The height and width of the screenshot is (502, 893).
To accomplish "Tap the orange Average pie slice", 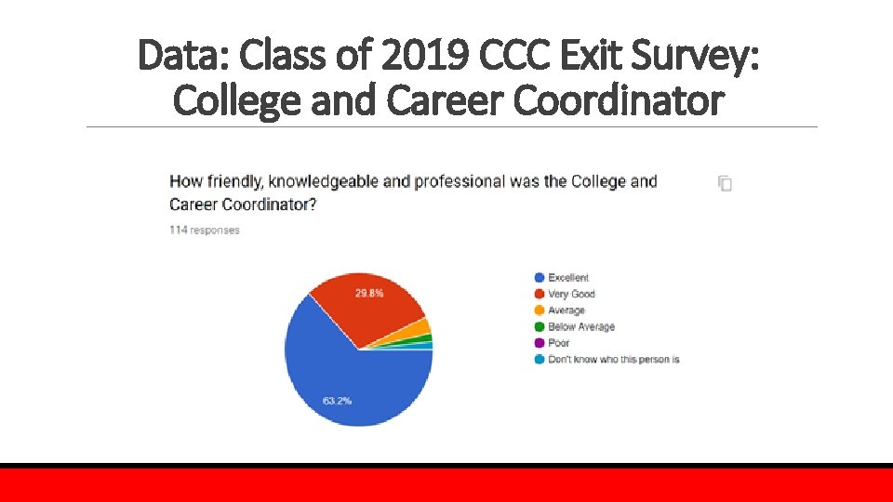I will [421, 326].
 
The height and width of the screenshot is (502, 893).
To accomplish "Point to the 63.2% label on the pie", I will [337, 401].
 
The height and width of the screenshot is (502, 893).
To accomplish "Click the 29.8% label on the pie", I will [369, 293].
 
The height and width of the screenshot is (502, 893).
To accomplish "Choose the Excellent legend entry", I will [567, 277].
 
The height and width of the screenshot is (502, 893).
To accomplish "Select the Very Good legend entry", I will [571, 294].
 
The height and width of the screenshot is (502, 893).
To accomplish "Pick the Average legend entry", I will [566, 310].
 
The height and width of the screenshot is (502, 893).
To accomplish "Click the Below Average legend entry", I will [580, 326].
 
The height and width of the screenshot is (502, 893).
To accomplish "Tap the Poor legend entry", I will [558, 343].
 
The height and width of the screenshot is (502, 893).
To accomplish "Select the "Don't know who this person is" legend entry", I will [613, 359].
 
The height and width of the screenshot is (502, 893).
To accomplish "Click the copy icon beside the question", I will [726, 183].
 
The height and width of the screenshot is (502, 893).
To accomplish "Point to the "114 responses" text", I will [205, 230].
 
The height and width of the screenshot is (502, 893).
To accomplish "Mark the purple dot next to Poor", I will [539, 343].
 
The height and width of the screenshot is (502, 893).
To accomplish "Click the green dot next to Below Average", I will [539, 326].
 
